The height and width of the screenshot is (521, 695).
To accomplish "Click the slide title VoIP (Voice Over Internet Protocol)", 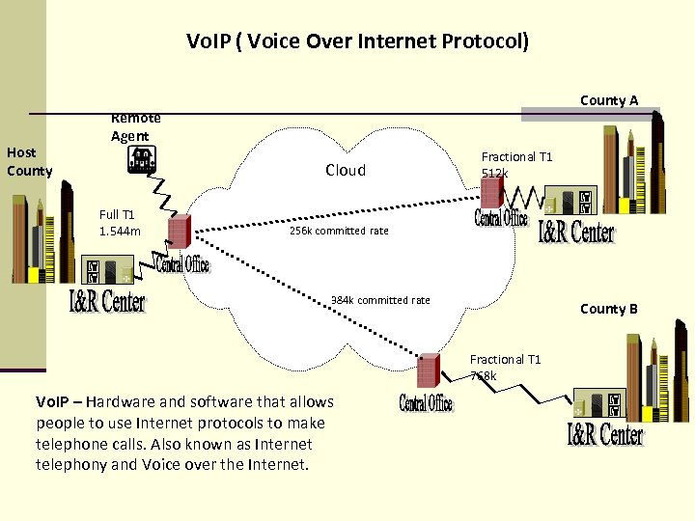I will [357, 41].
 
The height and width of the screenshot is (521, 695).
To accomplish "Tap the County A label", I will [608, 100].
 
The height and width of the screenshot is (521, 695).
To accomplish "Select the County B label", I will [608, 309].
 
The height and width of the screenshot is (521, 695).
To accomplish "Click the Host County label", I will [29, 161].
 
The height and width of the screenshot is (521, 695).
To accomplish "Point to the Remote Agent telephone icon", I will [141, 160].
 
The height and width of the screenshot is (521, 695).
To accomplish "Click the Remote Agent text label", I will [135, 126].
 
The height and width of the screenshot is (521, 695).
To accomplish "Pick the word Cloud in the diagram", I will [345, 170].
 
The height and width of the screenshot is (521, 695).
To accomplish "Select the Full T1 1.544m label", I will [120, 222].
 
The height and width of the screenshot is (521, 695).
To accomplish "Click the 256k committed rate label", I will [339, 231].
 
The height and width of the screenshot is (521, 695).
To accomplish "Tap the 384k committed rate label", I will [380, 300].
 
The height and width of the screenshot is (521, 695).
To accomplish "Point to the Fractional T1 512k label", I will [516, 164].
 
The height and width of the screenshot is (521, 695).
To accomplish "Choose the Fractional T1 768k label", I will [505, 368].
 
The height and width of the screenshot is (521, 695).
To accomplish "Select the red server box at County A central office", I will [492, 192].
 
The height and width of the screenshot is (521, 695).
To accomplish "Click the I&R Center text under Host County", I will [107, 301].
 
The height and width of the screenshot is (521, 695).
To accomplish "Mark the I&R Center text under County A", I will [575, 232].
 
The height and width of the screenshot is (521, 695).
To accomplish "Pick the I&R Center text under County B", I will [604, 435].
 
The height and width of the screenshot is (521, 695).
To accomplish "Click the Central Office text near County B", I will [426, 403].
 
